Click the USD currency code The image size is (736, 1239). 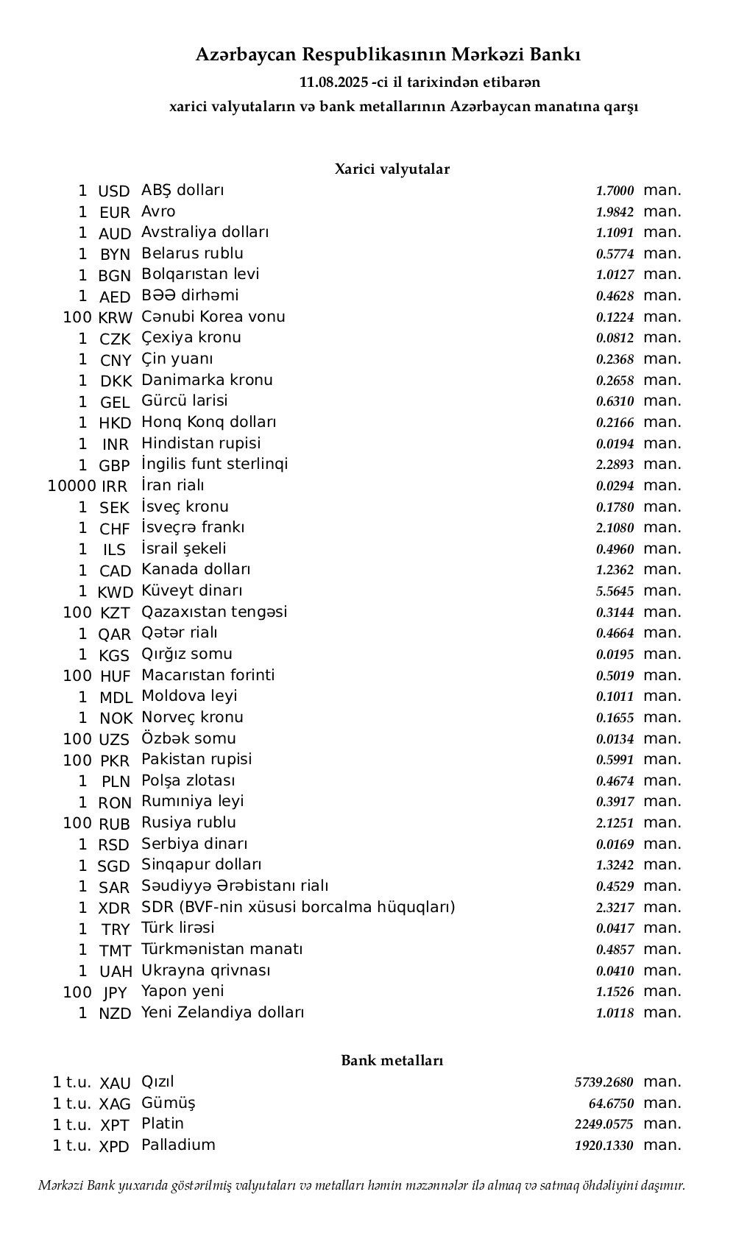(113, 191)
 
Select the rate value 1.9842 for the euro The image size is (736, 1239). (615, 212)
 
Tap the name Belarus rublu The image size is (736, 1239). (192, 253)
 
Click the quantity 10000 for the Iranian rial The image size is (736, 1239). (71, 486)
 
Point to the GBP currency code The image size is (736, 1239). (114, 466)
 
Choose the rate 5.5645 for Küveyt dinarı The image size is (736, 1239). (615, 591)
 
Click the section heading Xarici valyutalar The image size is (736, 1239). (392, 169)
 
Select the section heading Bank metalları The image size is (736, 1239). (392, 1061)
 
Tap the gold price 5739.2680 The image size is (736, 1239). (604, 1082)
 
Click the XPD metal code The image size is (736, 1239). (114, 1146)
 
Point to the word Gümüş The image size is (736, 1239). (169, 1103)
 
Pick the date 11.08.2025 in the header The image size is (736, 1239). (334, 82)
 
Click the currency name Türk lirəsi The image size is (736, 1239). (178, 928)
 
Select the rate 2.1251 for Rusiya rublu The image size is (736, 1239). (615, 823)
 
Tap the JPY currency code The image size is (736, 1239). (115, 992)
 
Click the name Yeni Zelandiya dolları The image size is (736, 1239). (222, 1012)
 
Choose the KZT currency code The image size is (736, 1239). (115, 613)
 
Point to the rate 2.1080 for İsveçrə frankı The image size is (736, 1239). (615, 528)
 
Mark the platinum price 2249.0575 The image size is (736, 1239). (604, 1124)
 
